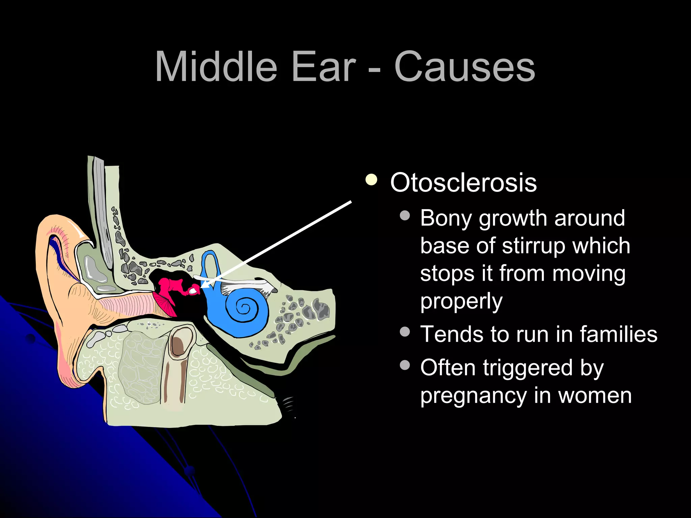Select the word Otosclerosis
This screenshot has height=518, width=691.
tap(463, 182)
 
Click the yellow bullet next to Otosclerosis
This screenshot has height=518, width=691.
tap(371, 180)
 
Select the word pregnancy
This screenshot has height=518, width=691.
tap(473, 396)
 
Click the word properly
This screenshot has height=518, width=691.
tap(461, 301)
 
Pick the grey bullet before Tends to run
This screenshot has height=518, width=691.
tap(405, 332)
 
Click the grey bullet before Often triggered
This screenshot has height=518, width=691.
tap(405, 365)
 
